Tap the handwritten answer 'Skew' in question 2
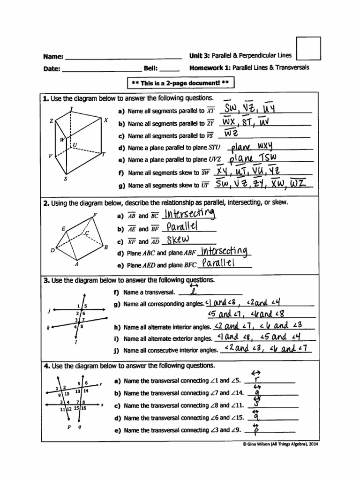pyautogui.click(x=174, y=240)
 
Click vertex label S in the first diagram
pyautogui.click(x=65, y=179)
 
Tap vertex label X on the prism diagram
pyautogui.click(x=106, y=120)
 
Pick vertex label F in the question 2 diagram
pyautogui.click(x=95, y=214)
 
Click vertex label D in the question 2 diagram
pyautogui.click(x=52, y=250)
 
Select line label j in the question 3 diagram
pyautogui.click(x=49, y=311)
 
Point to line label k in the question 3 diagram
pyautogui.click(x=48, y=328)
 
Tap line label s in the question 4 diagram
pyautogui.click(x=102, y=404)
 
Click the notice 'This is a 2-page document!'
pyautogui.click(x=180, y=83)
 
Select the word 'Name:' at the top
pyautogui.click(x=53, y=56)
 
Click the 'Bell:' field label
pyautogui.click(x=150, y=68)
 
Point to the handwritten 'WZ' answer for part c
pyautogui.click(x=227, y=134)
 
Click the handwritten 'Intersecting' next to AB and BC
pyautogui.click(x=189, y=215)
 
